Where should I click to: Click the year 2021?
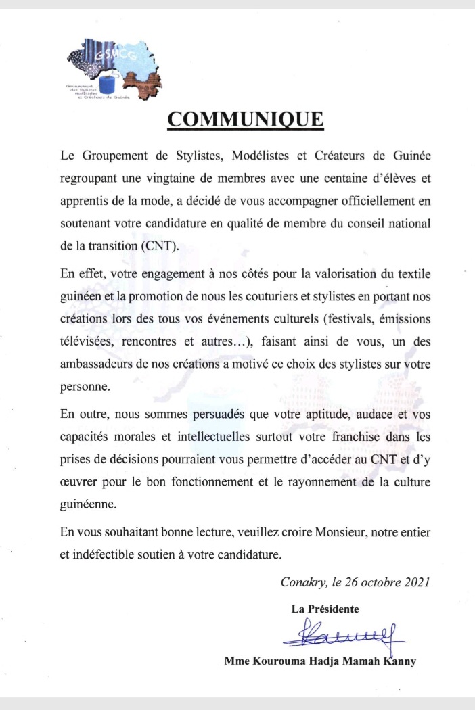(412, 582)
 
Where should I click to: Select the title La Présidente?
(325, 609)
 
